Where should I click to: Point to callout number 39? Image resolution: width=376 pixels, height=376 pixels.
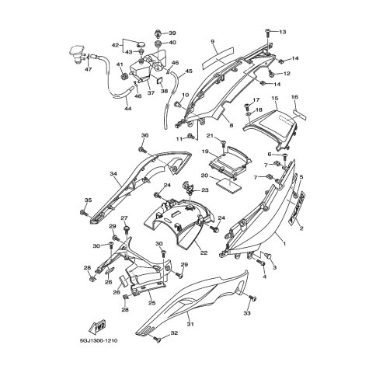(172, 33)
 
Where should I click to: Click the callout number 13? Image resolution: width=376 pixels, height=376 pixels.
(283, 32)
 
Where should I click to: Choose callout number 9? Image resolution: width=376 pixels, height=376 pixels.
(211, 40)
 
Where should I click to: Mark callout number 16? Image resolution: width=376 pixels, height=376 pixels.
(294, 97)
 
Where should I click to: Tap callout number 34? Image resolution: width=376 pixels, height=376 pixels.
(113, 174)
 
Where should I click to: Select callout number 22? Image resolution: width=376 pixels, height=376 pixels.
(204, 252)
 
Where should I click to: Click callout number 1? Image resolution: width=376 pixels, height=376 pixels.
(284, 244)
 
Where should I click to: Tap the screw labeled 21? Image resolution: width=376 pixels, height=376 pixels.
(223, 144)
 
